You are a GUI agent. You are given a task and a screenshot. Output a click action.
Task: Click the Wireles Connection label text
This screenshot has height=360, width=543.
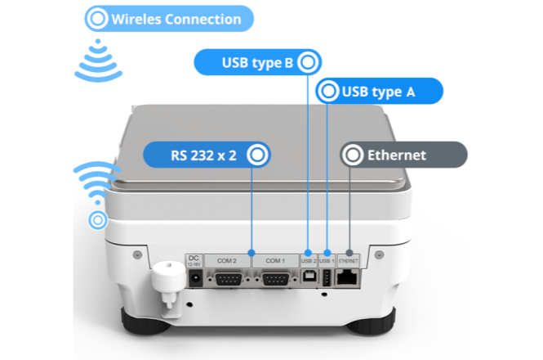pos(176,19)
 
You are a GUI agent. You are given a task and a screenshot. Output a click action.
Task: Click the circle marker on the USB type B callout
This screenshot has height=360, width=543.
pos(308,61)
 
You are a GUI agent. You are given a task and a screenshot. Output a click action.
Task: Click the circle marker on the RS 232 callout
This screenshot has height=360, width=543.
pos(258,154)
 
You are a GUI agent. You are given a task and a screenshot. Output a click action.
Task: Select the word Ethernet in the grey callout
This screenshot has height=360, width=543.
pos(397,154)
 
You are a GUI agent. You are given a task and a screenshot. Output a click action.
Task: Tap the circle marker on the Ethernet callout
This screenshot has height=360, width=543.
pos(353,154)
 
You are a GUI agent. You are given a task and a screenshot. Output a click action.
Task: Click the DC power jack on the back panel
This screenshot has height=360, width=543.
pos(196,281)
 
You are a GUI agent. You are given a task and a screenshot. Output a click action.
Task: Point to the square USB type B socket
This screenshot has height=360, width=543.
pos(309,279)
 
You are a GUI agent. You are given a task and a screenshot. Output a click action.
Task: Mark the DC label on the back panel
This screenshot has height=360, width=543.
pos(194,257)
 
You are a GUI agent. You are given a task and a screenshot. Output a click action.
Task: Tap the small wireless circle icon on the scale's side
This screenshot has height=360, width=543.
pos(98,219)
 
